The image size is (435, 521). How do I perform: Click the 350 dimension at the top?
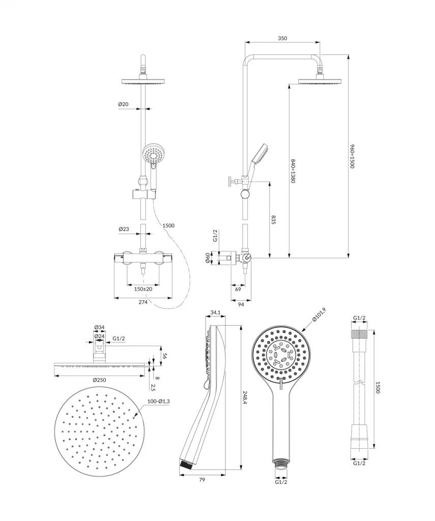coord(283,38)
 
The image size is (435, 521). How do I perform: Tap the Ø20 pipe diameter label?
coord(123,104)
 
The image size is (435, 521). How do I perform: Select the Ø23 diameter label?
coord(123,229)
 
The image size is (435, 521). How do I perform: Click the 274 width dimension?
coord(143,302)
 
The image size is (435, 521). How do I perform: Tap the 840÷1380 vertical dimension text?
coord(293,170)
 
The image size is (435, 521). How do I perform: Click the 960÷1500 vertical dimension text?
coord(352,156)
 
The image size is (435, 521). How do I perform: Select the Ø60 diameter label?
coord(208,258)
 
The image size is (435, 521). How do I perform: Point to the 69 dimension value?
coord(238,288)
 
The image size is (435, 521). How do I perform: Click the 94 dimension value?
coord(241,304)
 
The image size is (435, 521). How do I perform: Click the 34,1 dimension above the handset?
coord(215,313)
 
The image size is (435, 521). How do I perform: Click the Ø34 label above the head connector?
coord(99,327)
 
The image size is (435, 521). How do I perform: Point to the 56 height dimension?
coord(164,357)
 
